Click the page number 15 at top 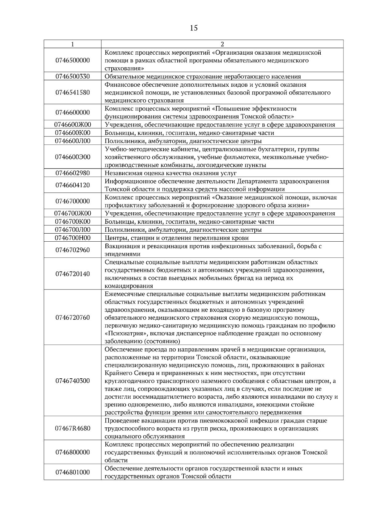pos(194,28)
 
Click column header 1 pos(72,44)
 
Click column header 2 pos(222,44)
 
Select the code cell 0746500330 pos(72,77)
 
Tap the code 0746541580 pos(72,93)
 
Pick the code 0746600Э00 pos(72,157)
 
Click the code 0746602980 pos(72,173)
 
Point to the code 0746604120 pos(72,185)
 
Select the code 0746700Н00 pos(72,238)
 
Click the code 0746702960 pos(72,250)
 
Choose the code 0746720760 pos(72,318)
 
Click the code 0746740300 pos(72,381)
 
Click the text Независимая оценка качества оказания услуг pos(171,173)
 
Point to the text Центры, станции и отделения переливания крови pos(176,238)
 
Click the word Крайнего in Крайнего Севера pos(117,373)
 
